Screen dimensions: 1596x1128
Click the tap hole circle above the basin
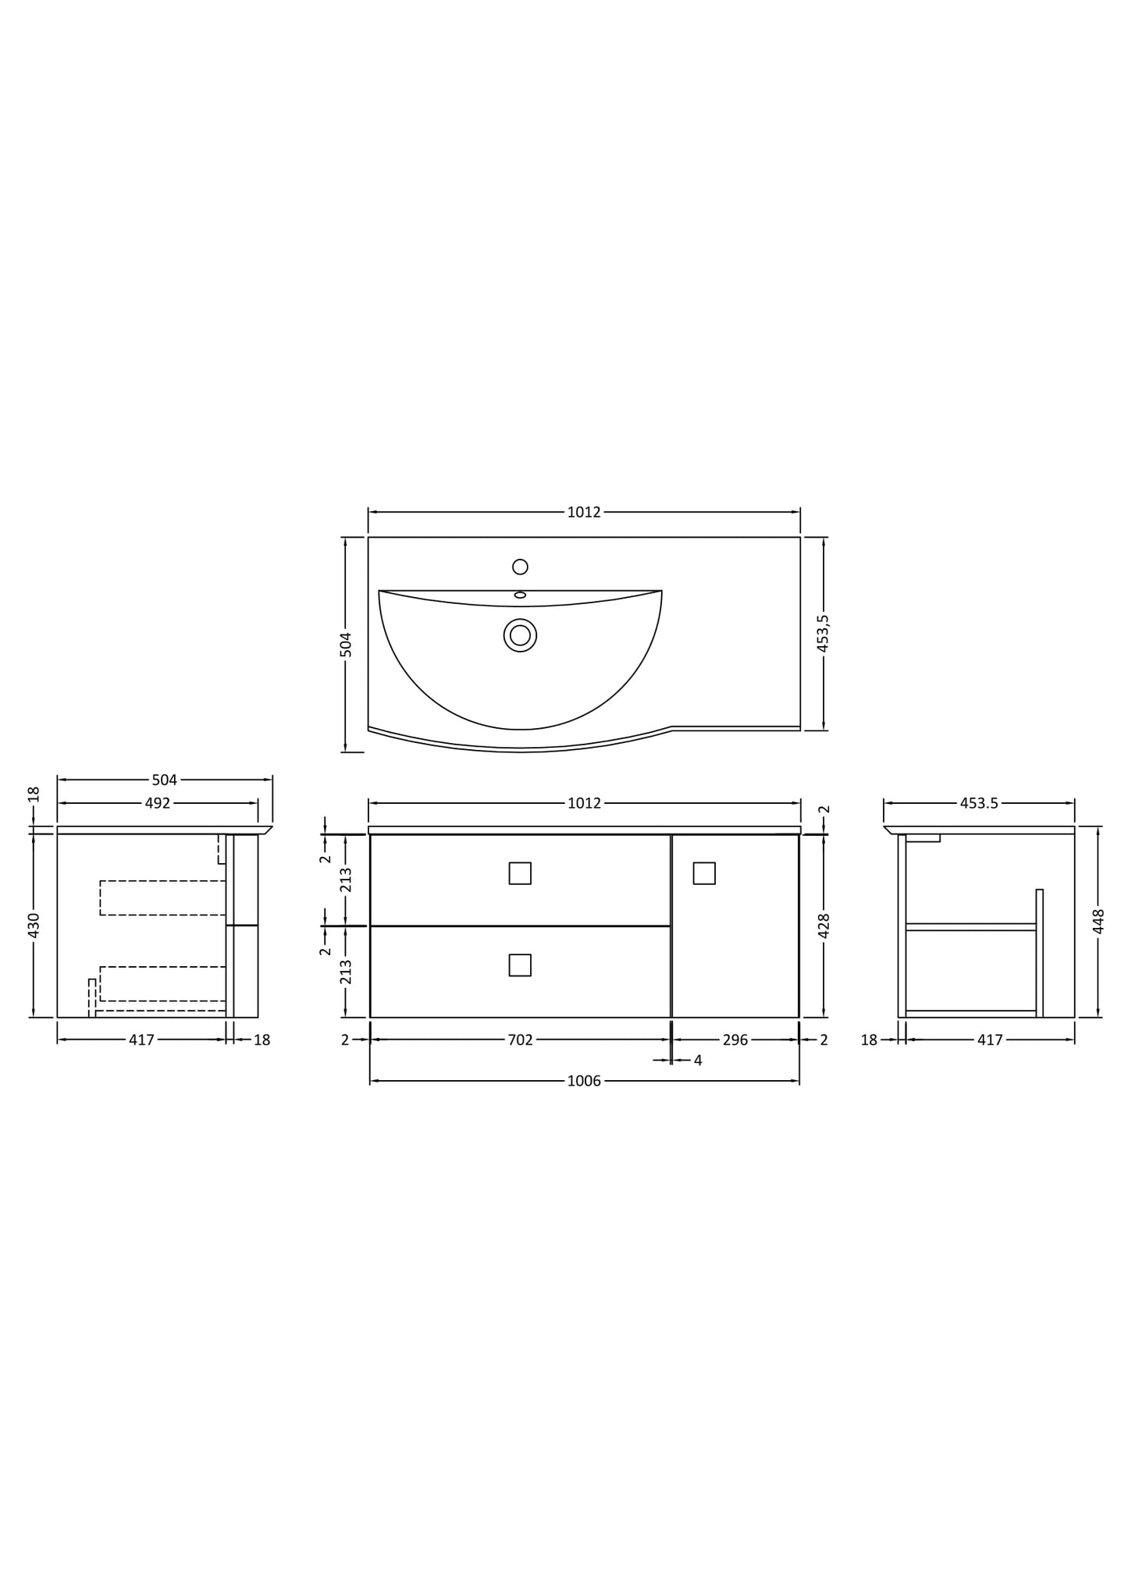[x=520, y=567]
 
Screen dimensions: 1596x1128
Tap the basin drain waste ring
[x=520, y=635]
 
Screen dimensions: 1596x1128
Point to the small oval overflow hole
[x=520, y=595]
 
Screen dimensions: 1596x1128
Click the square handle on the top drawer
[x=520, y=873]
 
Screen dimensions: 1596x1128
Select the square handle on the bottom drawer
[x=520, y=965]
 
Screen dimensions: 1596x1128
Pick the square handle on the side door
[x=704, y=873]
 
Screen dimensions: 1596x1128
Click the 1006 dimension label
[x=584, y=1081]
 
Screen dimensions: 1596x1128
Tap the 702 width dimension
[x=520, y=1040]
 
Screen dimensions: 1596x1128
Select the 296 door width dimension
[x=735, y=1040]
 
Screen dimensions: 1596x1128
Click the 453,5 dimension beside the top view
[x=823, y=633]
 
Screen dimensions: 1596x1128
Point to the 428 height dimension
[x=824, y=926]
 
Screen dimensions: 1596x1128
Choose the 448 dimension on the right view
[x=1098, y=922]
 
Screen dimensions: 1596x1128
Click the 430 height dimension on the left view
[x=34, y=926]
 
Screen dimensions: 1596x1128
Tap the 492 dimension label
[x=158, y=803]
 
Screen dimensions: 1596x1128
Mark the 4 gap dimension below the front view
[x=698, y=1061]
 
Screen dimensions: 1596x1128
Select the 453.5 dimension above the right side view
[x=979, y=803]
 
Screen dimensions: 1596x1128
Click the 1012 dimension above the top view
[x=584, y=512]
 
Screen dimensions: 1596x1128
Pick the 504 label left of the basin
[x=347, y=645]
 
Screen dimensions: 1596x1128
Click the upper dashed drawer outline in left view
[x=162, y=898]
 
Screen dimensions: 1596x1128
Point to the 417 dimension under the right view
[x=990, y=1040]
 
